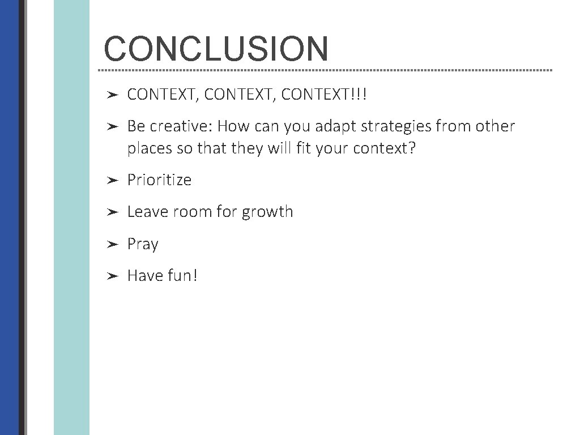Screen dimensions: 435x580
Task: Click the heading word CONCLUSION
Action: pos(216,49)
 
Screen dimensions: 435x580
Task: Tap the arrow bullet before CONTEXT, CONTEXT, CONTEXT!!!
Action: pos(112,95)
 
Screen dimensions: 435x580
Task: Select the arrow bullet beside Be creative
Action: pos(112,126)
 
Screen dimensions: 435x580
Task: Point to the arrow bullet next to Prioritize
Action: pos(112,181)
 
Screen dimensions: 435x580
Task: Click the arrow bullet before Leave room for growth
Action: pos(112,212)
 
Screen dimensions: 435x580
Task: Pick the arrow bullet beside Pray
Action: pos(112,244)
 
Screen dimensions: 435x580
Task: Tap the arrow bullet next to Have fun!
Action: pos(112,276)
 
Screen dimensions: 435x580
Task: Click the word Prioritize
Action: pos(159,180)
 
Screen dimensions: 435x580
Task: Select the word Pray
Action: pos(143,245)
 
